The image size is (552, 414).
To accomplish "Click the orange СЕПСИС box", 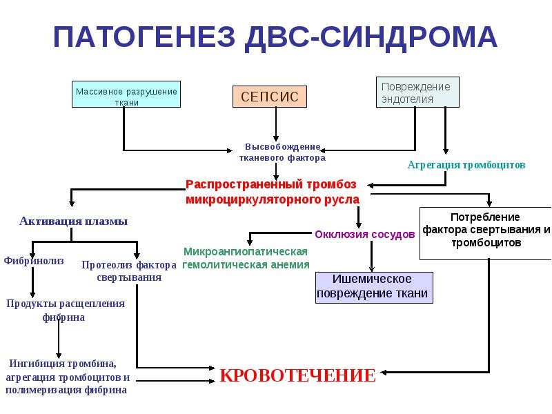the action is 270,97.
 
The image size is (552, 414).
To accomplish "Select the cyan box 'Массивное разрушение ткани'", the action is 126,95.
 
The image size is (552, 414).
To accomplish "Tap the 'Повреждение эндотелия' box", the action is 417,92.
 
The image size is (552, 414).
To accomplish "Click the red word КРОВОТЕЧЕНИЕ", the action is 298,375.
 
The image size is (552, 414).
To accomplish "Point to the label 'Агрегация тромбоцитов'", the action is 466,165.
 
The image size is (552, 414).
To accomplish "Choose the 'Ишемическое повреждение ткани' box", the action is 374,287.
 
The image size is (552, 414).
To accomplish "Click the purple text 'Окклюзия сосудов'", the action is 365,234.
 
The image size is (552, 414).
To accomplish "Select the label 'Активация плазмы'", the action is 74,221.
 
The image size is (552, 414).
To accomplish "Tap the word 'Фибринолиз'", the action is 34,261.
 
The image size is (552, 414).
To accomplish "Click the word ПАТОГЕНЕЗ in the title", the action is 144,37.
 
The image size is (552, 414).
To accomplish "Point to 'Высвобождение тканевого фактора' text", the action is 282,152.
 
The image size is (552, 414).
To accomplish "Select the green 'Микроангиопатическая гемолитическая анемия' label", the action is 246,258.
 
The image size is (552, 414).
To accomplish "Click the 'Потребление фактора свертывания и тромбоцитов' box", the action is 486,233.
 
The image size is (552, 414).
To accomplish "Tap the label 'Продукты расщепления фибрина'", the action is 66,310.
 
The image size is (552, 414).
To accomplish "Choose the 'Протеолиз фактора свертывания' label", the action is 129,270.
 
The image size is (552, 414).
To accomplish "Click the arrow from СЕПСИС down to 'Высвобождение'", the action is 276,124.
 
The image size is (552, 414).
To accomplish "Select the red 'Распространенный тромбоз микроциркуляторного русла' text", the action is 273,192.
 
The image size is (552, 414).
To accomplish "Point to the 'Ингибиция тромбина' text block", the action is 67,376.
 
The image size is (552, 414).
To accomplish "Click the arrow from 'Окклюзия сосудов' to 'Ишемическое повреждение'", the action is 371,256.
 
